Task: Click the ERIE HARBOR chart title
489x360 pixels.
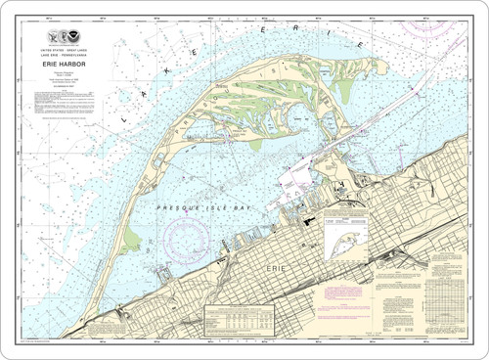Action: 68,66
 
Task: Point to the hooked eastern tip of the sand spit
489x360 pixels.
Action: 367,69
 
